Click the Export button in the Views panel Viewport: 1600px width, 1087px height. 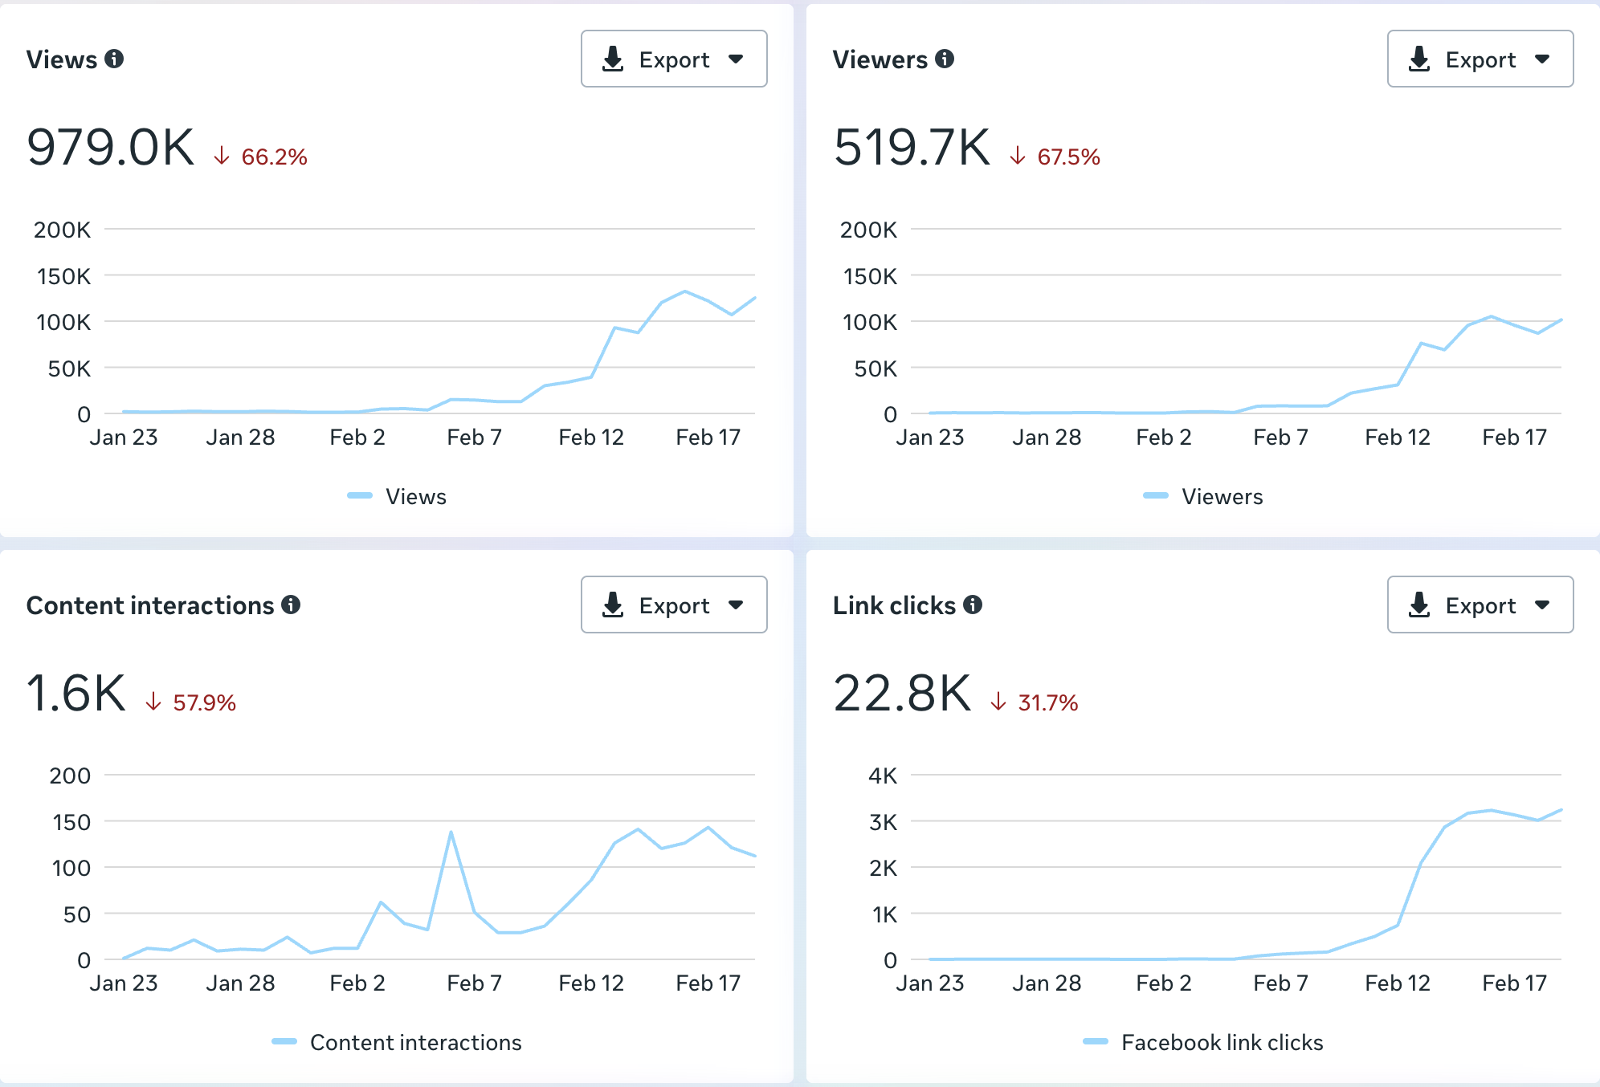point(673,59)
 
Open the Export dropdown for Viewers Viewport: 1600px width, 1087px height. point(1480,59)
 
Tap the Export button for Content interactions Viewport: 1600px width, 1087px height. point(673,605)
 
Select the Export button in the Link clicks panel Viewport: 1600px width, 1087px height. point(1480,605)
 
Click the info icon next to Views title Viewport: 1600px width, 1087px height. point(115,59)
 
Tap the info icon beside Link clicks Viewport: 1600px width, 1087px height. point(973,605)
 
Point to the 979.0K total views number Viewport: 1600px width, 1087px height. point(111,148)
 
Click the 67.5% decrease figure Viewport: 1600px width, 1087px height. point(1067,157)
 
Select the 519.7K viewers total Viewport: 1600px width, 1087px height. point(912,148)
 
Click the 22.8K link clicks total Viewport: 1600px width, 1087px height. point(903,694)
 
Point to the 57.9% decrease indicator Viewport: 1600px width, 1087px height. point(203,703)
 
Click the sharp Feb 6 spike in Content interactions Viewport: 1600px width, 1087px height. point(451,833)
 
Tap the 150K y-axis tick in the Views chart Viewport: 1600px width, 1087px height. point(64,276)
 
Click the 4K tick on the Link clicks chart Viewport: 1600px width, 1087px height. point(883,776)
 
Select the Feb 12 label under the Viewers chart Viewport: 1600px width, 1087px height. point(1398,438)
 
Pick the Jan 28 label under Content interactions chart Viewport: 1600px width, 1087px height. point(240,983)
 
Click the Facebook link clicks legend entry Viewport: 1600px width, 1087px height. point(1221,1043)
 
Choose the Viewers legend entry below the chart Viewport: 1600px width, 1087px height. point(1221,497)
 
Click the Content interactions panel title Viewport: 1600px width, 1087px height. point(150,605)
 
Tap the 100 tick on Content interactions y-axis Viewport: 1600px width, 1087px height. point(71,868)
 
